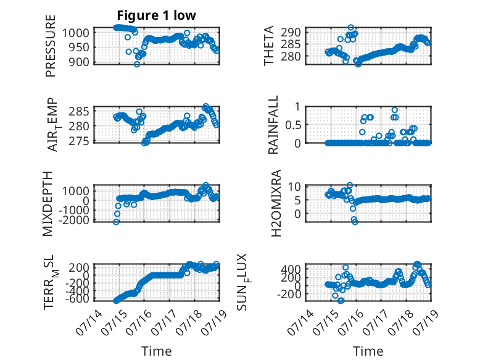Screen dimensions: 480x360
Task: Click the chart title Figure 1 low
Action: tap(156, 15)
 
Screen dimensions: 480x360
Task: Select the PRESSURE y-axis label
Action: tap(51, 46)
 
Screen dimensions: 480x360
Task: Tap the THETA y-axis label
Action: tap(269, 46)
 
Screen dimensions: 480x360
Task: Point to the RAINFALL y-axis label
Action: tap(273, 124)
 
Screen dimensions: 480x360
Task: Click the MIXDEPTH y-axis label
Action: tap(48, 204)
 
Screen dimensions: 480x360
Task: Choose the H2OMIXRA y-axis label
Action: tap(276, 203)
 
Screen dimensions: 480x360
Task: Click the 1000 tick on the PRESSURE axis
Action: tap(76, 33)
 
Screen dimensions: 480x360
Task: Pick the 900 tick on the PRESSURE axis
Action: tap(79, 62)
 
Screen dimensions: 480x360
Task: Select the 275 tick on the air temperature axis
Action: tap(79, 141)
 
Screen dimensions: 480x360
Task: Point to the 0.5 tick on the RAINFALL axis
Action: tap(293, 125)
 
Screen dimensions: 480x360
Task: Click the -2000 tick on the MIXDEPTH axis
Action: tap(76, 220)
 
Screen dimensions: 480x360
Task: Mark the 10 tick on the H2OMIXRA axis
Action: tap(294, 186)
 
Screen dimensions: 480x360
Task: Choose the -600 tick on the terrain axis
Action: tap(78, 299)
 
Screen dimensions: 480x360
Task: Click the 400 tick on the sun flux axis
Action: tap(291, 269)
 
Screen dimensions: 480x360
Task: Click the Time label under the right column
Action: tap(368, 351)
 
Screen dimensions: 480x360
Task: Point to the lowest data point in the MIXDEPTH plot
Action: tap(116, 222)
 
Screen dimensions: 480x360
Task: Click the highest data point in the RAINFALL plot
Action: tap(395, 110)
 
